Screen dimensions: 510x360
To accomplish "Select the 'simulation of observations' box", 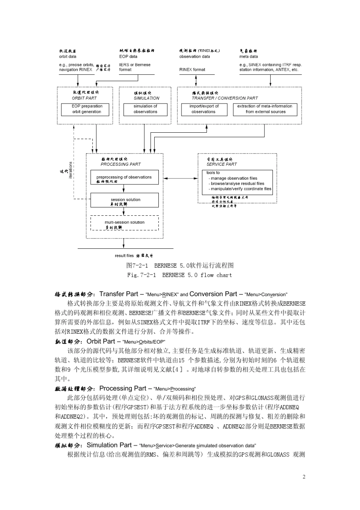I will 145,109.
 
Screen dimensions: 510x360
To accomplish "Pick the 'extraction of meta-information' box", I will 265,109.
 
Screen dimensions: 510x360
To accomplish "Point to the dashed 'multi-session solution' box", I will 124,223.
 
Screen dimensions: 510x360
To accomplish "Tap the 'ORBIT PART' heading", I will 85,98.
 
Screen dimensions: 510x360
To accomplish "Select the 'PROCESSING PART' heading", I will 121,165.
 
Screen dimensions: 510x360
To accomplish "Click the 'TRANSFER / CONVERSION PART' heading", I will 225,98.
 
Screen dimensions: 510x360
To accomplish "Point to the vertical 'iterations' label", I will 70,170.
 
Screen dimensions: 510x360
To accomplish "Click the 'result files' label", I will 124,256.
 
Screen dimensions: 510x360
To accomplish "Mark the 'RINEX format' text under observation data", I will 192,70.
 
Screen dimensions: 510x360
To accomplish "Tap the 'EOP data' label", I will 128,56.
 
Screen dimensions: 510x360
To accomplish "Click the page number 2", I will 304,477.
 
